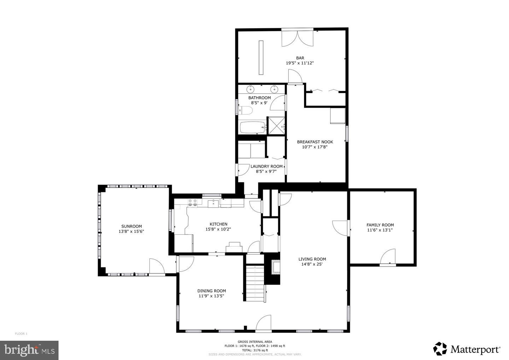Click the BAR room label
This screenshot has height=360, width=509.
tap(300, 58)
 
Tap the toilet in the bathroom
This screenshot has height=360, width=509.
tap(246, 111)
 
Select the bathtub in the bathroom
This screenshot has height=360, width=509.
tap(253, 128)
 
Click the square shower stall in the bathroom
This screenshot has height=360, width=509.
tap(276, 126)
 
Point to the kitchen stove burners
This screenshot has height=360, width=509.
tap(192, 203)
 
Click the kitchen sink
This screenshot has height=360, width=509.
tap(213, 203)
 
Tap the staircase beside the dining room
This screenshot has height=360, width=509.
tap(255, 283)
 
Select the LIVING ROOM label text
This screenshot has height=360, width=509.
tap(312, 259)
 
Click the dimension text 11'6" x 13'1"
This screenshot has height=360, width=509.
tap(380, 230)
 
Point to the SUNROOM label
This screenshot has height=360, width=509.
tap(131, 226)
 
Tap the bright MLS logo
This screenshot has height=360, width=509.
tap(29, 350)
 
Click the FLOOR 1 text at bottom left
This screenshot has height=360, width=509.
tap(21, 334)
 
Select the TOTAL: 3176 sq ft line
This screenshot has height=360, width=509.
tap(255, 350)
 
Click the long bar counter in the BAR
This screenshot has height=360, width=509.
tap(261, 57)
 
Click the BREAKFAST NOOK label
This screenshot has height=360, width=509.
tap(315, 142)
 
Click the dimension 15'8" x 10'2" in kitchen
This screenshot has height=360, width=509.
tap(218, 229)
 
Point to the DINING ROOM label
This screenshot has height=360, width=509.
tap(211, 291)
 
